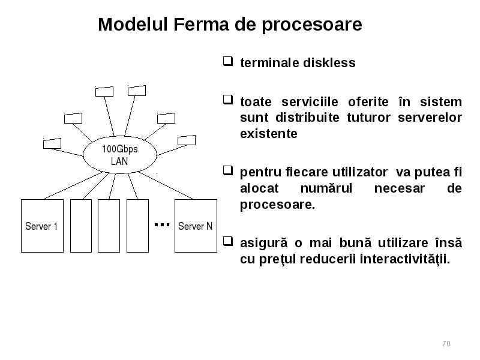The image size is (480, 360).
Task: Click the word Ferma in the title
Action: coord(201,24)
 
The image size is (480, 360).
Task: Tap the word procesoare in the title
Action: coord(312,25)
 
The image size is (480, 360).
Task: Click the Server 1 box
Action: coord(42,226)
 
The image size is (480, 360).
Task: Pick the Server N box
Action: coord(196,226)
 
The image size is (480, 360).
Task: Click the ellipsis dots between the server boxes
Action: coord(162,224)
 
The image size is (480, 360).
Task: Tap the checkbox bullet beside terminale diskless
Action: coord(228,61)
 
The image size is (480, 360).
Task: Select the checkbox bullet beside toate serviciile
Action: coord(228,100)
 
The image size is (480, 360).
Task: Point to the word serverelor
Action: coord(430,118)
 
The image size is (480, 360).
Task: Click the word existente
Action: coord(269,134)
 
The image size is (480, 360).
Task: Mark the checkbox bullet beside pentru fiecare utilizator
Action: coord(228,170)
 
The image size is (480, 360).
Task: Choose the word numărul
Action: coord(326,188)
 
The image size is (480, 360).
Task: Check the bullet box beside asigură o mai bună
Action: coord(228,241)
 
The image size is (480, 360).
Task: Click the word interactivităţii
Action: coord(404,259)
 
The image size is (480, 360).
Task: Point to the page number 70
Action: coord(446,343)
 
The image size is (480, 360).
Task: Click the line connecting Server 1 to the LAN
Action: coord(73,186)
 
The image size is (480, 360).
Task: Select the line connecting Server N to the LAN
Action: coord(166,186)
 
